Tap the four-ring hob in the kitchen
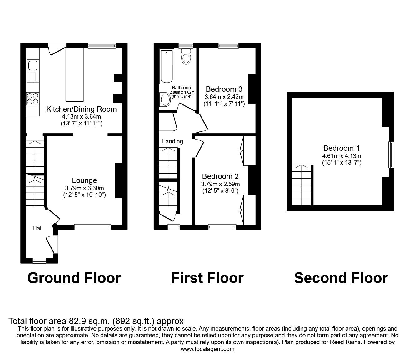point(32,99)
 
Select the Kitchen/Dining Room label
point(82,109)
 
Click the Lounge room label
point(84,180)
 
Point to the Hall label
point(37,228)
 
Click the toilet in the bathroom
point(186,57)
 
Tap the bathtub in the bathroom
point(167,66)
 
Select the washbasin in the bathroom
point(165,100)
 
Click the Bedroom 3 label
point(224,89)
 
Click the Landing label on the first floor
point(172,141)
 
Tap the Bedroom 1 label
point(342,148)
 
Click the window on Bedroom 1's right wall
point(391,155)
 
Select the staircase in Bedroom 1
point(302,185)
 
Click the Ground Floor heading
point(74,278)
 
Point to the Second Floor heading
point(341,278)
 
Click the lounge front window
point(92,227)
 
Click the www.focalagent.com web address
point(207,349)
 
